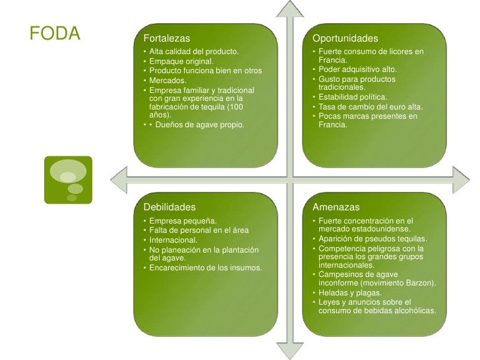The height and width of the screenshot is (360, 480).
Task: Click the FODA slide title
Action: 55,34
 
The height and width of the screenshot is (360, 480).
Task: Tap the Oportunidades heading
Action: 345,38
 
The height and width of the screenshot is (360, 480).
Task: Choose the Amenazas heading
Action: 336,208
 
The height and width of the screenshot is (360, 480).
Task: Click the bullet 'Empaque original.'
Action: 181,61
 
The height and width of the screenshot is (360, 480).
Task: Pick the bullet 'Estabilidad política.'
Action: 352,97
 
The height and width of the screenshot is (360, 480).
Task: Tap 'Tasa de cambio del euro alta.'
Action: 370,107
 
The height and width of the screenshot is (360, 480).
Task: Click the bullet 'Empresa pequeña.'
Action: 182,220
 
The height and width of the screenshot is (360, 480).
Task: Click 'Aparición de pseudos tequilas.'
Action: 373,238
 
